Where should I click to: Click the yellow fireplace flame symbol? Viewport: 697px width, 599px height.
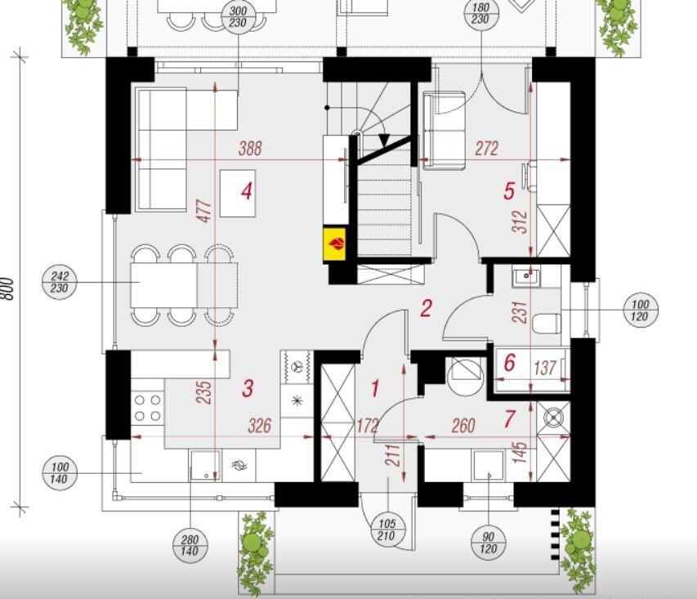[x=334, y=244]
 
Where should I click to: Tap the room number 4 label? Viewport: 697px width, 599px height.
[x=247, y=192]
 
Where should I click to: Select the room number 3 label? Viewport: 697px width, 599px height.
[x=248, y=388]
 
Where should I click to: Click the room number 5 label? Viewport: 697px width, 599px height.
[x=509, y=191]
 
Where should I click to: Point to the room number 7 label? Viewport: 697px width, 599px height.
[x=509, y=418]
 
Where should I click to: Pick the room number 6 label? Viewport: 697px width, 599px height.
[x=509, y=363]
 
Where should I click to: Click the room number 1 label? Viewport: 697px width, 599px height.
[x=375, y=388]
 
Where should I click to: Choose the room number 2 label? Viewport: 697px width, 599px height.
[x=426, y=308]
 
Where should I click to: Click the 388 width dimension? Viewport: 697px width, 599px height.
[x=250, y=149]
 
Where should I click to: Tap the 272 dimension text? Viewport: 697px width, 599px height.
[x=487, y=149]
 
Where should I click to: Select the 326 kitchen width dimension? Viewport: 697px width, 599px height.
[x=259, y=426]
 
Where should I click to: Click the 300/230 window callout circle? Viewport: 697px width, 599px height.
[x=239, y=17]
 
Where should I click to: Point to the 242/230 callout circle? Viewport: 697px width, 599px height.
[x=59, y=283]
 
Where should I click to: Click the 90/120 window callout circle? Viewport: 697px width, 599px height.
[x=488, y=543]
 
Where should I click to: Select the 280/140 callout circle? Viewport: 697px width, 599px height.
[x=190, y=545]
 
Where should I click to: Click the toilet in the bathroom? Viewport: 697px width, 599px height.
[x=547, y=324]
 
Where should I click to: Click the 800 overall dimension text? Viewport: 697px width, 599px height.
[x=8, y=289]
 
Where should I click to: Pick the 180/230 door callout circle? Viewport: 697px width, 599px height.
[x=480, y=14]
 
